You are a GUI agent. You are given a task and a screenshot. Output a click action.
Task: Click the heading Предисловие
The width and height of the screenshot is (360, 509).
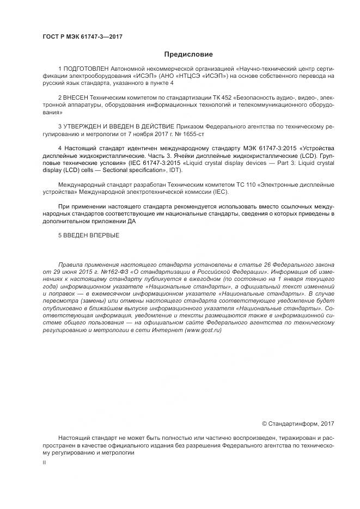tap(188, 54)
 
